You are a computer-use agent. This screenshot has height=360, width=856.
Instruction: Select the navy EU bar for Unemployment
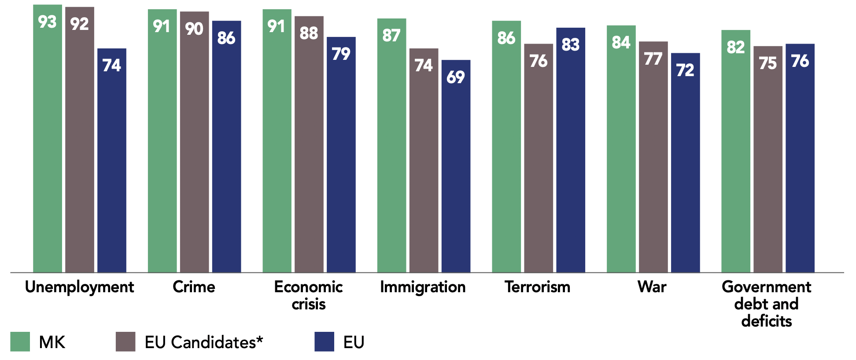pos(112,167)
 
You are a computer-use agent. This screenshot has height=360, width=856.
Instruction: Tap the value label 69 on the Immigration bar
pos(455,77)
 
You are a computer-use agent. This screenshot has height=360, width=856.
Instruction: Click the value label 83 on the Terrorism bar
pos(570,44)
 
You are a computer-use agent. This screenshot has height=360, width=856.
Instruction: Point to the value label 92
pos(80,24)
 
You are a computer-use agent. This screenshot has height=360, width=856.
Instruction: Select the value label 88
pos(309,33)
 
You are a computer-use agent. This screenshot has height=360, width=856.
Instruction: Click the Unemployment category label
pos(79,287)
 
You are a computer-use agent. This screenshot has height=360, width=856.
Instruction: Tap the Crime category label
pos(194,287)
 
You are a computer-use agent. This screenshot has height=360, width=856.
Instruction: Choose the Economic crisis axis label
pos(308,295)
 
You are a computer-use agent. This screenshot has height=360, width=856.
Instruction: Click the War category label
pos(652,287)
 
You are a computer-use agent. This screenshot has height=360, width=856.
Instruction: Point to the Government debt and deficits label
pos(766,304)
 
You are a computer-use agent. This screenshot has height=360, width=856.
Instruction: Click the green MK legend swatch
pos(20,342)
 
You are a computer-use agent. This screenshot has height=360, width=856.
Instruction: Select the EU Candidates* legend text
pos(204,342)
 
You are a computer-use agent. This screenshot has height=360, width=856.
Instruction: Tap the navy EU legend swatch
pos(324,342)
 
